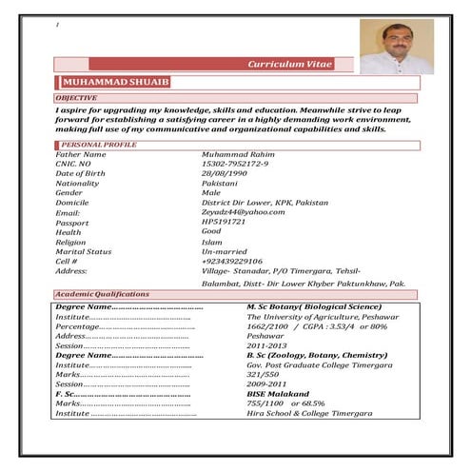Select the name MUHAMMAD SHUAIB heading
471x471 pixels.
[115, 84]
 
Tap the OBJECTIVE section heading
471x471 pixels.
[77, 99]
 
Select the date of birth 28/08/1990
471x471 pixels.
[225, 173]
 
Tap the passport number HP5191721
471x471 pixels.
[224, 222]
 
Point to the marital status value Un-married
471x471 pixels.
[226, 251]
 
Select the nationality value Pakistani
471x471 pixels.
[220, 183]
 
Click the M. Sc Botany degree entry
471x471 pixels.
[314, 307]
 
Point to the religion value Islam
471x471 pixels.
[211, 242]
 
